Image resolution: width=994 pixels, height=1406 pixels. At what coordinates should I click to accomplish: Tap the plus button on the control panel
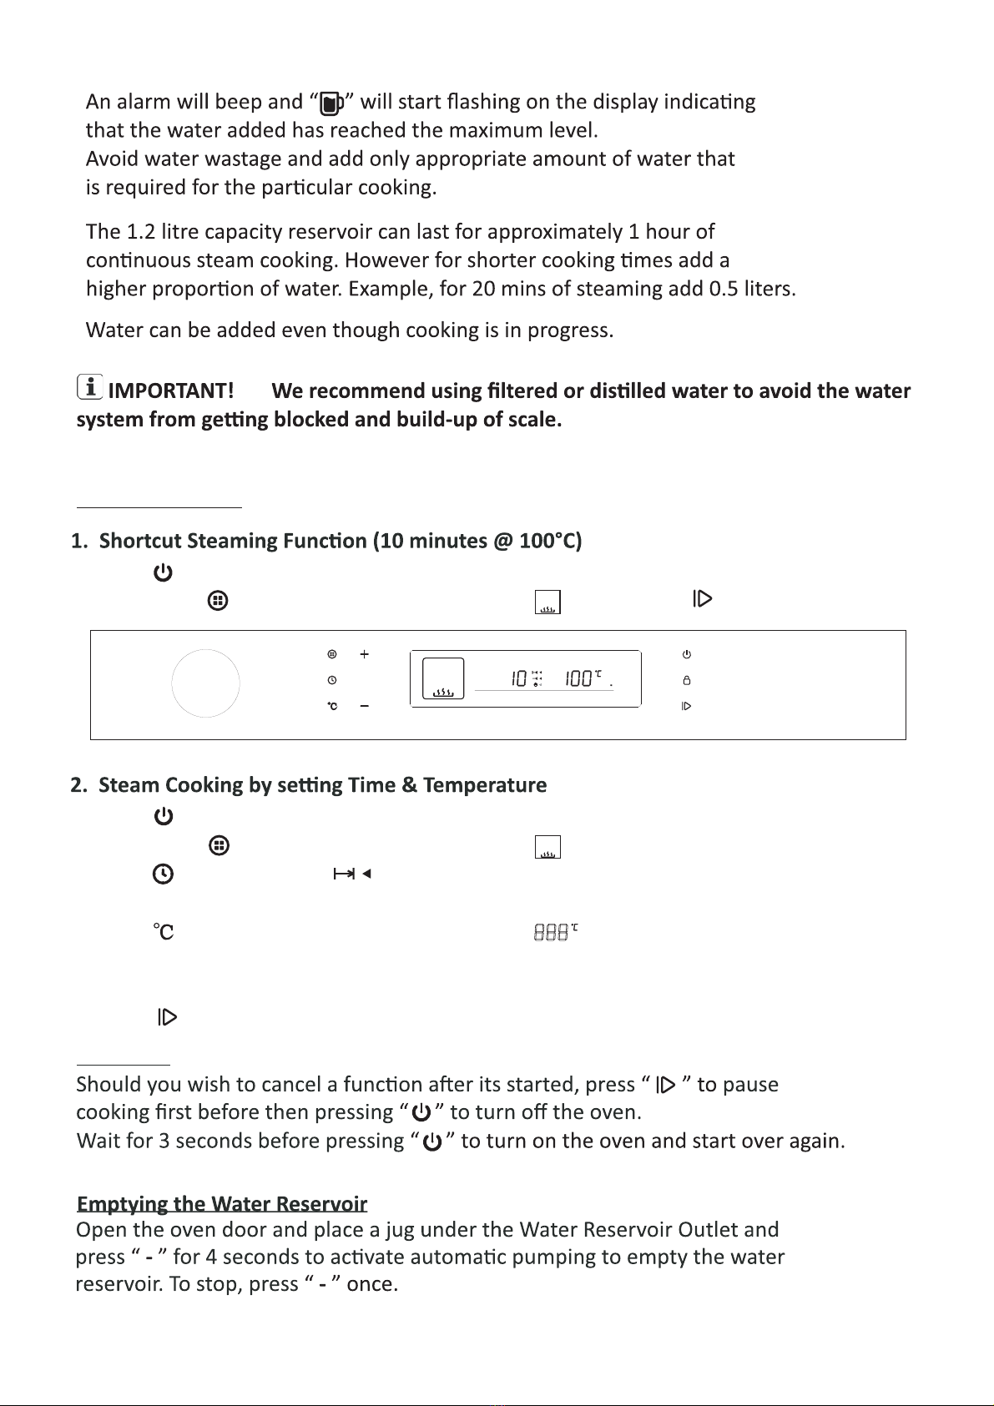364,654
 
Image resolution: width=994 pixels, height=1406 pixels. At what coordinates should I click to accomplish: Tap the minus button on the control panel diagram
364,706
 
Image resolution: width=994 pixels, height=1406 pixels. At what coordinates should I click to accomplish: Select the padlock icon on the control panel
686,680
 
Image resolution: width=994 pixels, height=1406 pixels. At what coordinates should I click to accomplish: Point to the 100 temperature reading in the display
578,678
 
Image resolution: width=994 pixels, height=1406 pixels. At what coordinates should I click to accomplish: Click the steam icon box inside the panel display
443,678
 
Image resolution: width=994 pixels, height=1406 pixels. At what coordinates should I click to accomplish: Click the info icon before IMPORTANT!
90,386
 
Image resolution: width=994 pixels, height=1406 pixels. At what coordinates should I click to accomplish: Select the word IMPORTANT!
171,391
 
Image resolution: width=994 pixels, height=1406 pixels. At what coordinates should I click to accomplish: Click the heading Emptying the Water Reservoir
222,1203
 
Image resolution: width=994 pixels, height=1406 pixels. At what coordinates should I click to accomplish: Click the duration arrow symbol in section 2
351,874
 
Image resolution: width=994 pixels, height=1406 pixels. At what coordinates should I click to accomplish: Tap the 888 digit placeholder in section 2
551,932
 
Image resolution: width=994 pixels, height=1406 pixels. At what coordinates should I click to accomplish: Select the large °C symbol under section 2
164,932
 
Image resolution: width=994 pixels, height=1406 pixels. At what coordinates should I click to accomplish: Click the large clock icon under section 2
164,874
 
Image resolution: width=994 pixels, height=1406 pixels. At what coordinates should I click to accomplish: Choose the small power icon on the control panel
686,654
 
